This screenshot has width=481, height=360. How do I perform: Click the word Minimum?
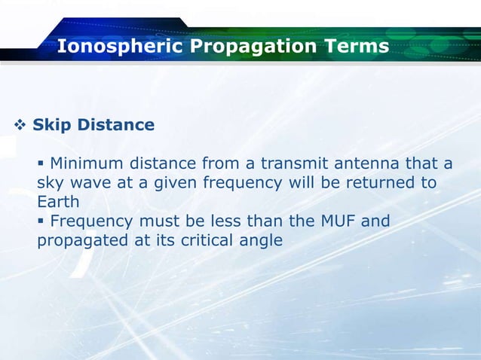click(87, 163)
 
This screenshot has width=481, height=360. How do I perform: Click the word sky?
click(50, 183)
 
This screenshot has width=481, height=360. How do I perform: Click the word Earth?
click(56, 203)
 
